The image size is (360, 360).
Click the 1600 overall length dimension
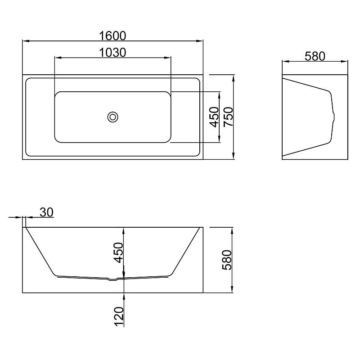pos(112,36)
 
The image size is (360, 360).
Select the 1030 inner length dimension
pos(112,53)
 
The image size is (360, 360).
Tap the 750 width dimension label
pos(229,117)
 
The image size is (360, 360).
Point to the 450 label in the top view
pos(215,117)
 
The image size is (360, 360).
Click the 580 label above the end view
pos(315,56)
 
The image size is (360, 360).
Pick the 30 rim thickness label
pos(47,212)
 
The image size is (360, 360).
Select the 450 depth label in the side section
pos(119,252)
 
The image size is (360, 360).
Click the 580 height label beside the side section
pos(227,260)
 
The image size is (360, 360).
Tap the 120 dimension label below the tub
pos(119,316)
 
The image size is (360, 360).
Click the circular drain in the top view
pos(113,117)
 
